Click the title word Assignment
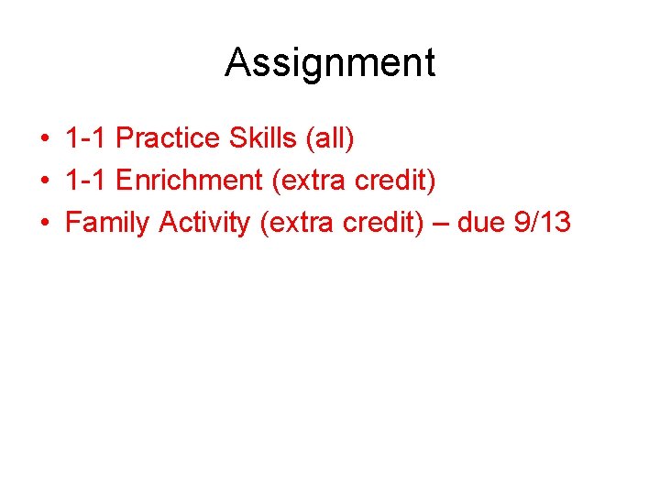coord(330,63)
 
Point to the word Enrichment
coord(190,181)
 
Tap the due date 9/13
coord(543,222)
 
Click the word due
coord(480,222)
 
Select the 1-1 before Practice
coord(87,138)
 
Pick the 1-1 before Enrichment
coord(87,181)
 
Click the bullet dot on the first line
coord(44,139)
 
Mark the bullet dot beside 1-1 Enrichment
coord(44,181)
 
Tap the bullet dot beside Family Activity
coord(44,223)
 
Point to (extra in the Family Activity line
coord(292,223)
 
